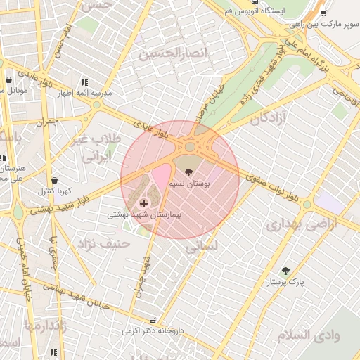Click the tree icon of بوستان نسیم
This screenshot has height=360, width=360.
[x=188, y=171]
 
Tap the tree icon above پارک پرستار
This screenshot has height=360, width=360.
[x=285, y=271]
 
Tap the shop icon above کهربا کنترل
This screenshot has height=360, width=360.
[x=55, y=180]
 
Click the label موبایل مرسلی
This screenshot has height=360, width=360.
[x=16, y=91]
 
